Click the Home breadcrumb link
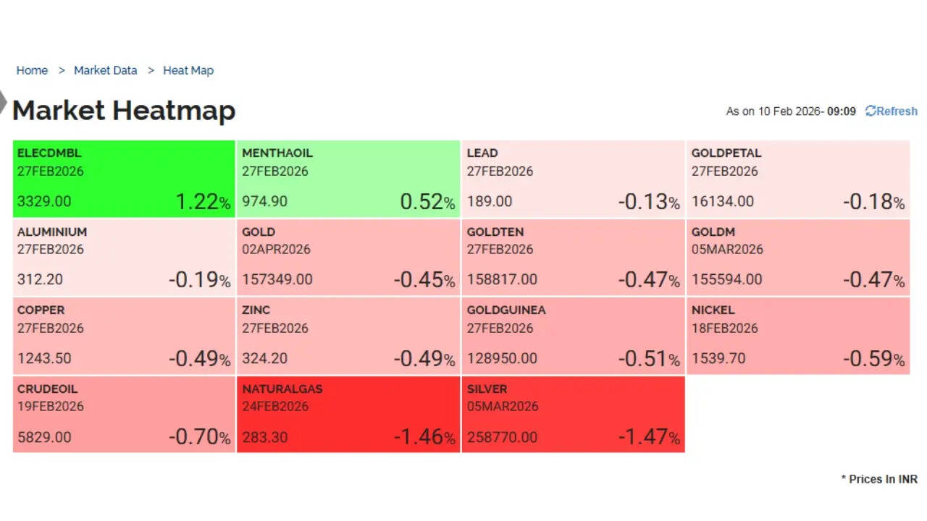(32, 70)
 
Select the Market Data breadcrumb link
(105, 70)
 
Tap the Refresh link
(892, 111)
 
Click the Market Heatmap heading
(124, 111)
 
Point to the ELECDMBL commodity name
(49, 153)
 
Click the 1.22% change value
(202, 202)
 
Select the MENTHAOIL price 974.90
(265, 202)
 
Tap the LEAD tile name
(482, 153)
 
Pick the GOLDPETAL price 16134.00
(722, 202)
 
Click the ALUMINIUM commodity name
(52, 232)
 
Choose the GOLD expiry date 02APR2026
(276, 250)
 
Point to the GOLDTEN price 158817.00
(502, 279)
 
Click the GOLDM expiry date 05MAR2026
(727, 250)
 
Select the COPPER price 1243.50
(44, 358)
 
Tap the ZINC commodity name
(256, 310)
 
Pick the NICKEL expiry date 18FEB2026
(725, 328)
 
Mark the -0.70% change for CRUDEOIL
(199, 437)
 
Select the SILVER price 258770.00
(502, 437)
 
